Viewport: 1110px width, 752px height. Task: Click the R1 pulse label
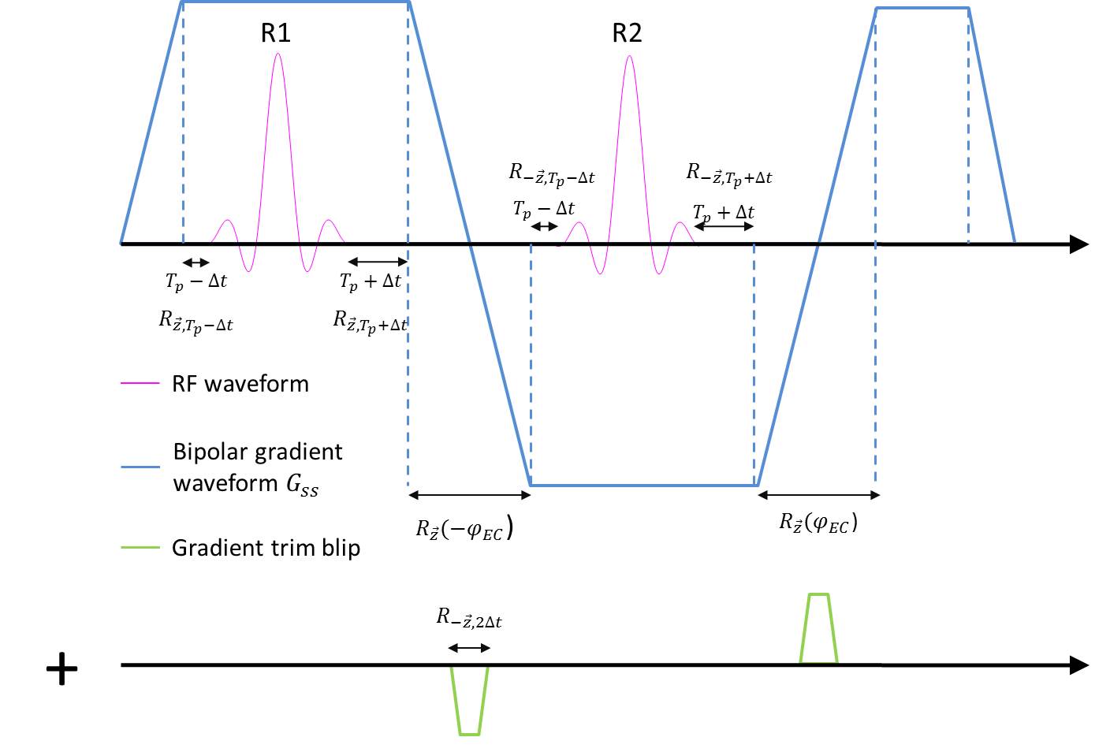pyautogui.click(x=276, y=33)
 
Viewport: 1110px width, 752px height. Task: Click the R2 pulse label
pyautogui.click(x=627, y=33)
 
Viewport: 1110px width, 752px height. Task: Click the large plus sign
pyautogui.click(x=61, y=669)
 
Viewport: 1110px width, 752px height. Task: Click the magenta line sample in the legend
pyautogui.click(x=140, y=384)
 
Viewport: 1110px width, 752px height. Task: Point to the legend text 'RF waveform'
pyautogui.click(x=240, y=384)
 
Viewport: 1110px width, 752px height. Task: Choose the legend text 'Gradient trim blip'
pyautogui.click(x=266, y=548)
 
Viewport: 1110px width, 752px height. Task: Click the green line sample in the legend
pyautogui.click(x=140, y=548)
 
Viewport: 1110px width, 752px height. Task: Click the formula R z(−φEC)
pyautogui.click(x=464, y=528)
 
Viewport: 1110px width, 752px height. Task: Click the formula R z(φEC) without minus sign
pyautogui.click(x=818, y=522)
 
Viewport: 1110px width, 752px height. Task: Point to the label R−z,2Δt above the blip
pyautogui.click(x=469, y=617)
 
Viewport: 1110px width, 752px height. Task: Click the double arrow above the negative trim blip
pyautogui.click(x=469, y=648)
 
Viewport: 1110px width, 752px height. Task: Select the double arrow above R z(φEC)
pyautogui.click(x=818, y=495)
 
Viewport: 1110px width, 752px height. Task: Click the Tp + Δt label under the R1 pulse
pyautogui.click(x=371, y=281)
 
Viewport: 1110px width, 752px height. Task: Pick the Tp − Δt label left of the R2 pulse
pyautogui.click(x=544, y=209)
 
